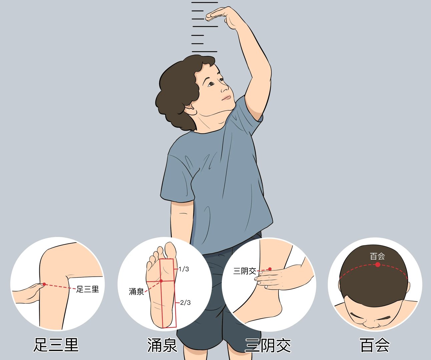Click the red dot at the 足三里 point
click(x=44, y=284)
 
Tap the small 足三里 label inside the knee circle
click(x=88, y=289)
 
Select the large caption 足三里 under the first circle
click(x=56, y=345)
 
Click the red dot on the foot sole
click(x=161, y=281)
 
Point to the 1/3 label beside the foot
click(x=184, y=269)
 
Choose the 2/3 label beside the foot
click(x=185, y=303)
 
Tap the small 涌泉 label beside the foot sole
click(x=136, y=292)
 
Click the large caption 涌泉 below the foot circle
click(x=162, y=345)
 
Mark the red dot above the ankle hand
click(x=270, y=269)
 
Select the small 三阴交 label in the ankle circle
click(x=245, y=271)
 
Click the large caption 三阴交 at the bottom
click(x=268, y=345)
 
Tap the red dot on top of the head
click(x=378, y=265)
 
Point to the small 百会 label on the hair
click(x=378, y=256)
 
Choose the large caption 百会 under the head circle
click(x=375, y=345)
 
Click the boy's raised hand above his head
click(x=222, y=15)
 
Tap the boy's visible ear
click(x=190, y=108)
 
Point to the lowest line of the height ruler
click(x=204, y=52)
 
